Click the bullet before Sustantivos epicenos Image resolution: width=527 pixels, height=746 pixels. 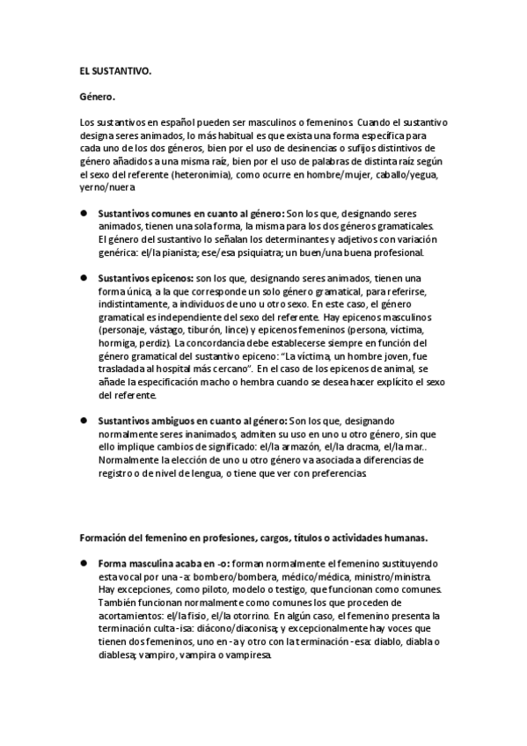point(83,277)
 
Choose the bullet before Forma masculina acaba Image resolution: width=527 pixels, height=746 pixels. point(83,562)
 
